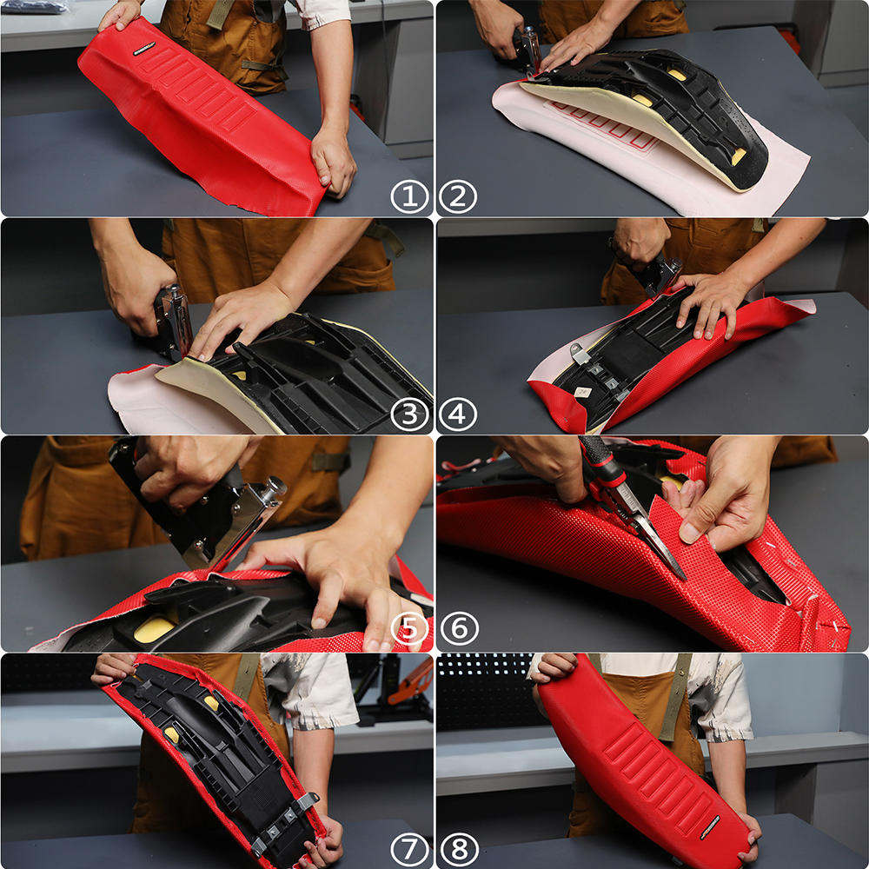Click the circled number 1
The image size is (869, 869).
410,196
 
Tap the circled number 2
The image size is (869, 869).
458,196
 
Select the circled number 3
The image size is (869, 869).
410,414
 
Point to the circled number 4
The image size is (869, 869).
458,414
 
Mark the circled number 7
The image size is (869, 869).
410,846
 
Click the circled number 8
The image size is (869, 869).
458,846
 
